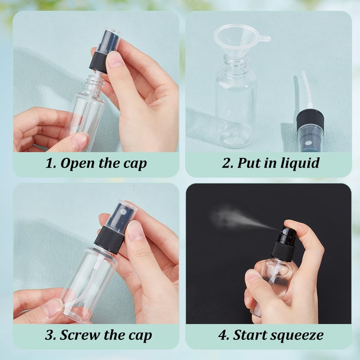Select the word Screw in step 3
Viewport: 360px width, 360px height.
[80, 335]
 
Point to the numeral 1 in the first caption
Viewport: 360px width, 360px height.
[50, 163]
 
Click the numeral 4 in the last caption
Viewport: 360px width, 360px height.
[223, 335]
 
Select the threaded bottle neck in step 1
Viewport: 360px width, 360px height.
[95, 85]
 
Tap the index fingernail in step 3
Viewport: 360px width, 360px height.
[136, 231]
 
